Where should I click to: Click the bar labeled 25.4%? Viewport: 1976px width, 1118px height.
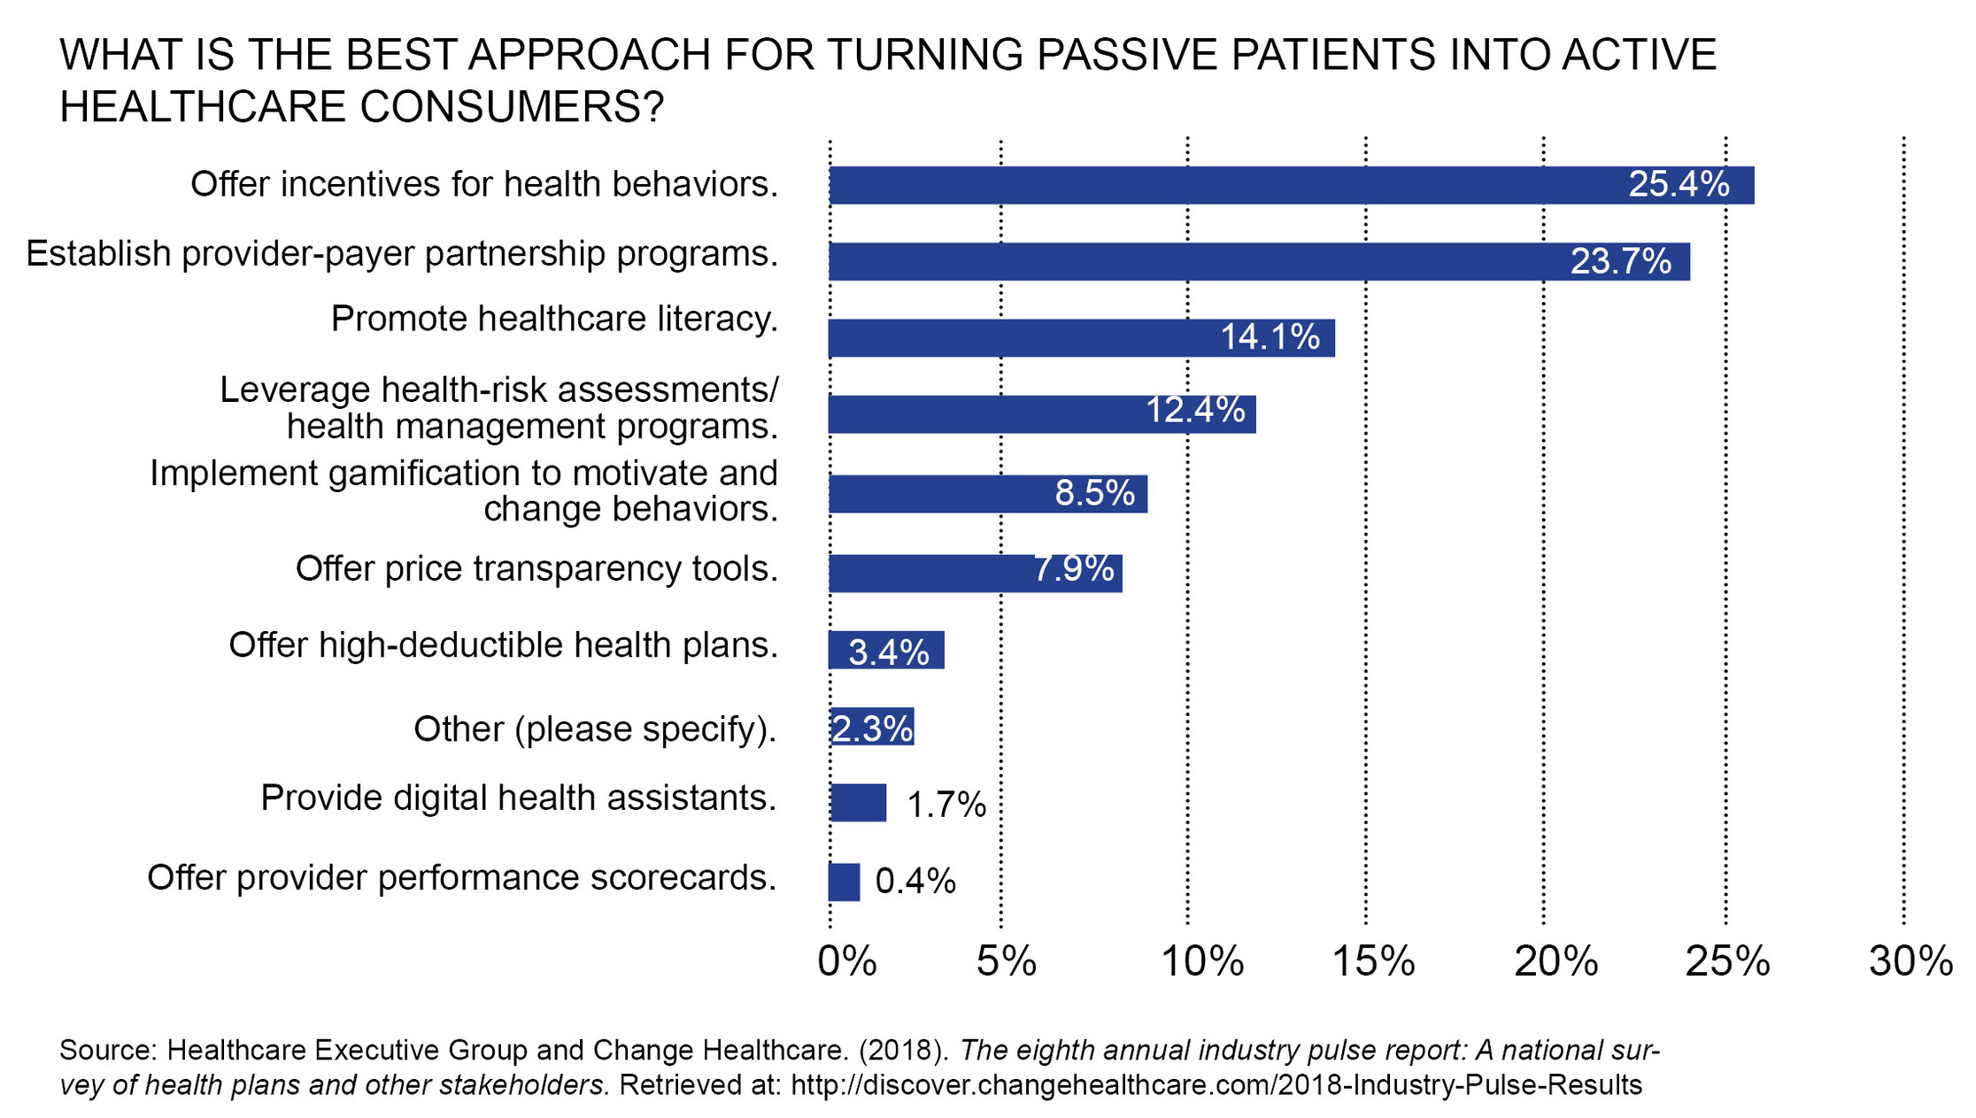(1292, 185)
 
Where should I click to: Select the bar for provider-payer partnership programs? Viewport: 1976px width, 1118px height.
(1259, 261)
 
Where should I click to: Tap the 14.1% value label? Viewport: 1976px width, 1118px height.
(1270, 337)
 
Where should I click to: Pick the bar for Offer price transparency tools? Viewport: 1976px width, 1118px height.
(976, 574)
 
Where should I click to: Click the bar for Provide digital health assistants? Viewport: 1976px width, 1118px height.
(858, 803)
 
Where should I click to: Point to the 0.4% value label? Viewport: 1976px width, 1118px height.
(915, 882)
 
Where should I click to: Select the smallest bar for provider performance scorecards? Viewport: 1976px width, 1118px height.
(844, 882)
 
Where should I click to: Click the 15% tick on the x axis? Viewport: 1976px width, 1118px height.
(1373, 961)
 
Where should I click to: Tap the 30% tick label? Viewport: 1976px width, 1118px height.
(1910, 961)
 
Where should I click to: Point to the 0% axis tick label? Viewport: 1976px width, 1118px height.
(847, 961)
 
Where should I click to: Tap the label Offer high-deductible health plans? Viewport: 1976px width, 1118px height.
(503, 645)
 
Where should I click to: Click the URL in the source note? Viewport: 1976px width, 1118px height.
(1216, 1084)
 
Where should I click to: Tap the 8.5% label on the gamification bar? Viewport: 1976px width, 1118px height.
(1094, 493)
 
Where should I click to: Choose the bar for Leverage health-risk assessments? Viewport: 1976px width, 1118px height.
(1042, 414)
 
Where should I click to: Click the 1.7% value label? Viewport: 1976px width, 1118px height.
(946, 805)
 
